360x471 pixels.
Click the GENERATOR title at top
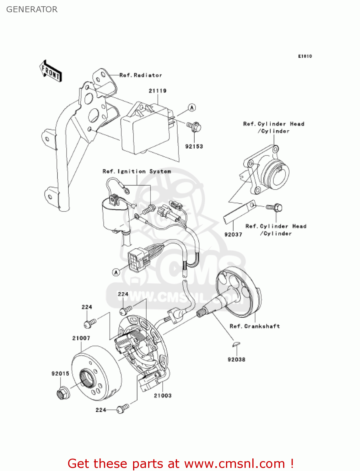(32, 9)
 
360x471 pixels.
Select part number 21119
(158, 91)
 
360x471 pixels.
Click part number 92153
(194, 146)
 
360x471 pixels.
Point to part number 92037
(233, 234)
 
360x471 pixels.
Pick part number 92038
(236, 360)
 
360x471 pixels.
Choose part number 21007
(81, 338)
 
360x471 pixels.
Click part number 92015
(60, 373)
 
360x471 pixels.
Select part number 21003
(163, 396)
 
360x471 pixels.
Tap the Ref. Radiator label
(141, 75)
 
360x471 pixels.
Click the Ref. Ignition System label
(137, 171)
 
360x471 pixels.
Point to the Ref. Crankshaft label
(255, 326)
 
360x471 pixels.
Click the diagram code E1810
(305, 56)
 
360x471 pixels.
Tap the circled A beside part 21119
(192, 108)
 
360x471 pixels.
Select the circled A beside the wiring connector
(116, 272)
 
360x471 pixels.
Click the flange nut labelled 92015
(63, 393)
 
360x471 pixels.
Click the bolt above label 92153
(195, 127)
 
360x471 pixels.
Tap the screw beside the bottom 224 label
(122, 409)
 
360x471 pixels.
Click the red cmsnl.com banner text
(180, 464)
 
